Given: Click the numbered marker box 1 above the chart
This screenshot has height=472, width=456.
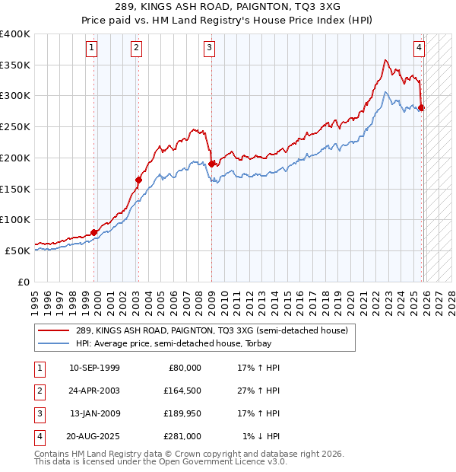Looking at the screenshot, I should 91,48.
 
